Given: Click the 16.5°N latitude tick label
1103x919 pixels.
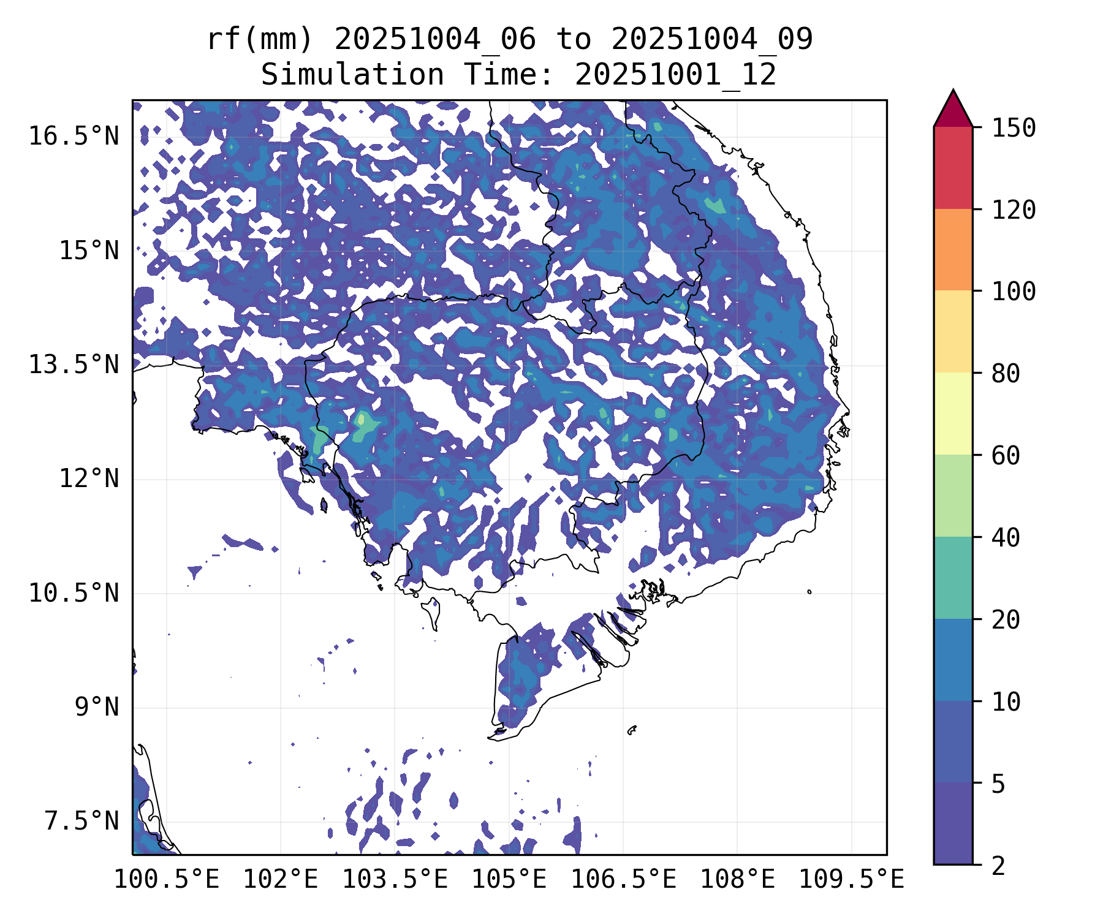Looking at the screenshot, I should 74,136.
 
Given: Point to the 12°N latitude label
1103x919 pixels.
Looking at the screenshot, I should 89,478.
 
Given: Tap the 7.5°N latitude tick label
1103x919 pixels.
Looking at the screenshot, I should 81,821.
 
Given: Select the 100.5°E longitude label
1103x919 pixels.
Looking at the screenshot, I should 167,879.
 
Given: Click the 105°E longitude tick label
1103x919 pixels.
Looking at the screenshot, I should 509,879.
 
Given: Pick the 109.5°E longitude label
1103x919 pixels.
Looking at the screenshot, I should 851,879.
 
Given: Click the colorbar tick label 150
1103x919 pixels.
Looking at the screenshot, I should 1014,129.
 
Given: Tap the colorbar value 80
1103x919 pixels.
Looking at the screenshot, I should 1006,374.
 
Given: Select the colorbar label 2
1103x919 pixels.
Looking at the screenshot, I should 998,866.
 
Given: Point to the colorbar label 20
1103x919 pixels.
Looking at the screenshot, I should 1006,620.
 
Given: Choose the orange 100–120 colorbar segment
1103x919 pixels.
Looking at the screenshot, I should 953,249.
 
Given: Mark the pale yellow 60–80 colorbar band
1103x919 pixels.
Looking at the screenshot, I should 953,414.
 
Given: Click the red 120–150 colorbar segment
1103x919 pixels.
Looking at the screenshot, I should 953,167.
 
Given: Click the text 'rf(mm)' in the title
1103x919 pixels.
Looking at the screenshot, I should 260,40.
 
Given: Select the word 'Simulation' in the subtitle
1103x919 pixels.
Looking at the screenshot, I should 352,75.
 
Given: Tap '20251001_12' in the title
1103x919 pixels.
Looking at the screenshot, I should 675,75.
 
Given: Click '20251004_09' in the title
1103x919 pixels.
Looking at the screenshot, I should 712,40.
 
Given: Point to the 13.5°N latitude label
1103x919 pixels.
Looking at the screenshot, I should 74,365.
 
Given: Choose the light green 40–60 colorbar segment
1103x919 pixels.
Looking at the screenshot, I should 953,496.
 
